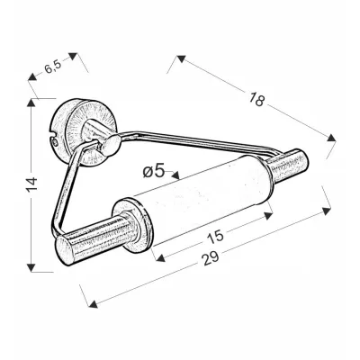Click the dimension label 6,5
click(53, 67)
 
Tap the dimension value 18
click(256, 100)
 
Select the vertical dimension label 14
click(31, 184)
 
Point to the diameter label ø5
click(154, 171)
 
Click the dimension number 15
click(215, 236)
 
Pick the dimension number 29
click(211, 258)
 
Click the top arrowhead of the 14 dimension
click(31, 103)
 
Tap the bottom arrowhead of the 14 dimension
click(31, 267)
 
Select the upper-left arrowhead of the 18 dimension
click(181, 58)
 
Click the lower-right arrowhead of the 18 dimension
click(331, 138)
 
